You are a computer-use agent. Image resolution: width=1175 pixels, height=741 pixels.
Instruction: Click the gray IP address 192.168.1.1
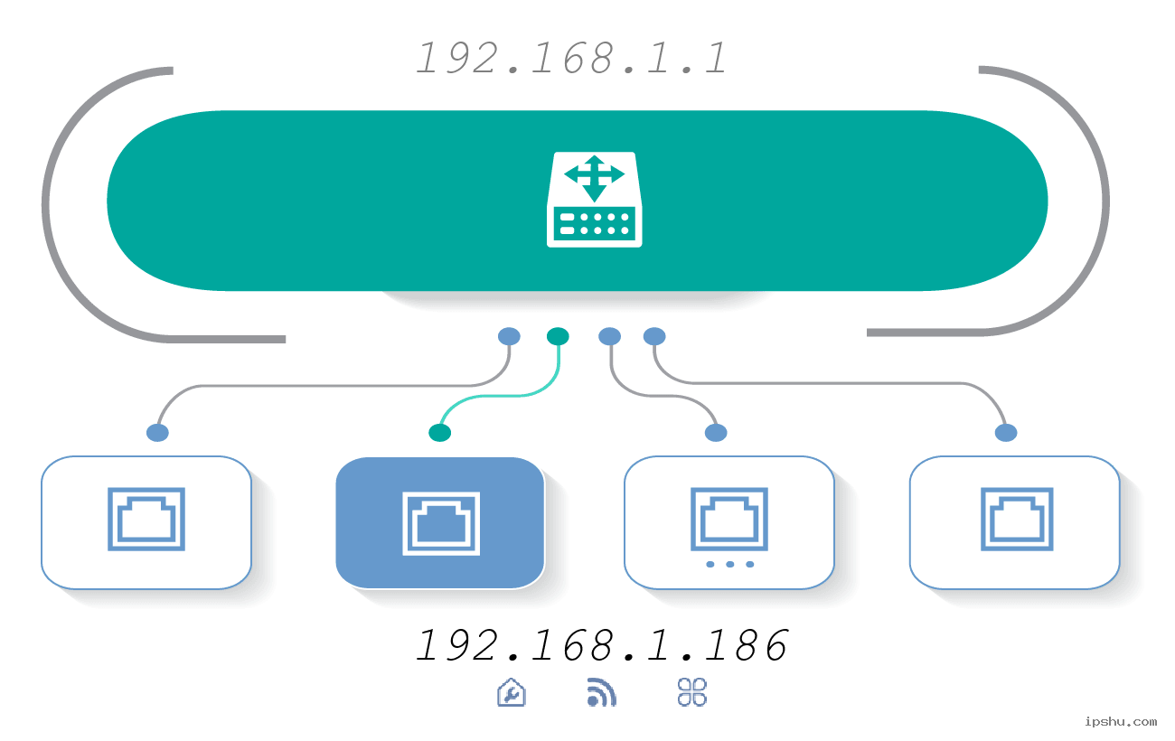coord(571,59)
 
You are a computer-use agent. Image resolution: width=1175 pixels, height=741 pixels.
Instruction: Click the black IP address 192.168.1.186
coord(602,645)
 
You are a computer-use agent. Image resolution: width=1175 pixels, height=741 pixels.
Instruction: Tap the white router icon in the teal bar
coord(594,201)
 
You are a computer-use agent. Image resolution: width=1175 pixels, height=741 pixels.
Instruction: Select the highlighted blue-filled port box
coord(440,523)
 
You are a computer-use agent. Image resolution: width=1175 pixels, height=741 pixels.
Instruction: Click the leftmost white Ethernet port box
coord(146,523)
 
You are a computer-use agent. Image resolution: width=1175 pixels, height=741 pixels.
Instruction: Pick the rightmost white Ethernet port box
coord(1014,523)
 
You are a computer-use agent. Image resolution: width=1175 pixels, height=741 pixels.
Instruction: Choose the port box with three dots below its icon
coord(729,523)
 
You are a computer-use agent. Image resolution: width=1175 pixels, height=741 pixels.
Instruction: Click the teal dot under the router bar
coord(558,337)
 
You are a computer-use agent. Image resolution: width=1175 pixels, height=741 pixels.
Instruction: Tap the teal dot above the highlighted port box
coord(440,433)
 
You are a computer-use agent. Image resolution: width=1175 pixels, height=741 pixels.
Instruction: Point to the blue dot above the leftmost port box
coord(157,433)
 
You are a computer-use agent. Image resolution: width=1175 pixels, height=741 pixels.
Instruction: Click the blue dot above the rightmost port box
coord(1006,433)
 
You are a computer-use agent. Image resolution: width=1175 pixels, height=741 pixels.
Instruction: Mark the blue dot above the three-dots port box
coord(716,433)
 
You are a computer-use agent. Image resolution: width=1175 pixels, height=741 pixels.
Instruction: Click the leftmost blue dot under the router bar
coord(509,337)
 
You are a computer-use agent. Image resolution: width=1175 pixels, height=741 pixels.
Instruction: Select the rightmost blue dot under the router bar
coord(654,337)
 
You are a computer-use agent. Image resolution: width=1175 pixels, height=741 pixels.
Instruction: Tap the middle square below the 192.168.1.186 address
coord(602,692)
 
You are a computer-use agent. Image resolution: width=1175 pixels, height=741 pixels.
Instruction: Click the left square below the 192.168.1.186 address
coord(512,692)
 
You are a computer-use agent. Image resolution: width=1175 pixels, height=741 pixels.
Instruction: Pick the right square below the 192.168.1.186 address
coord(692,692)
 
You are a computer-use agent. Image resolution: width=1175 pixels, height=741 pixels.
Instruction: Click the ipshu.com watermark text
coord(1120,722)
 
